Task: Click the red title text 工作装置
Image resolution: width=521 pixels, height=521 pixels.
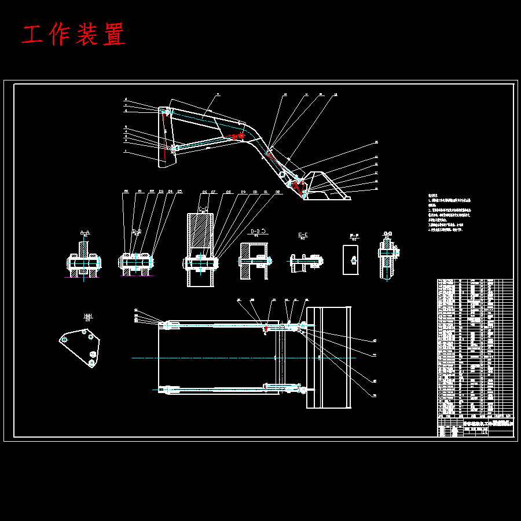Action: tap(74, 35)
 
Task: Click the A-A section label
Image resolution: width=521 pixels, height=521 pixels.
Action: tap(85, 233)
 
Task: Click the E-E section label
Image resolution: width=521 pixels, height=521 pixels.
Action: tap(303, 236)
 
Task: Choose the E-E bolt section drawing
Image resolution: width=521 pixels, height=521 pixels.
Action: tap(306, 262)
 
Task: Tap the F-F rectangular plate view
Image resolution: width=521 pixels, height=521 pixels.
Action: tap(350, 259)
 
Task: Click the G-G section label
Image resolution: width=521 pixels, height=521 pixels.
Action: tap(387, 234)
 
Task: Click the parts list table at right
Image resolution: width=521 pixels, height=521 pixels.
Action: tap(475, 347)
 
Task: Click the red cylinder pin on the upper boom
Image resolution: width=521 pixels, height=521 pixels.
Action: tap(236, 137)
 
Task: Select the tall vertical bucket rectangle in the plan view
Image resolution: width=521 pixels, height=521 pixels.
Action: tap(329, 357)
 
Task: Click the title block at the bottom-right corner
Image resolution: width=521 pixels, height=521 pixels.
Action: tap(474, 428)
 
